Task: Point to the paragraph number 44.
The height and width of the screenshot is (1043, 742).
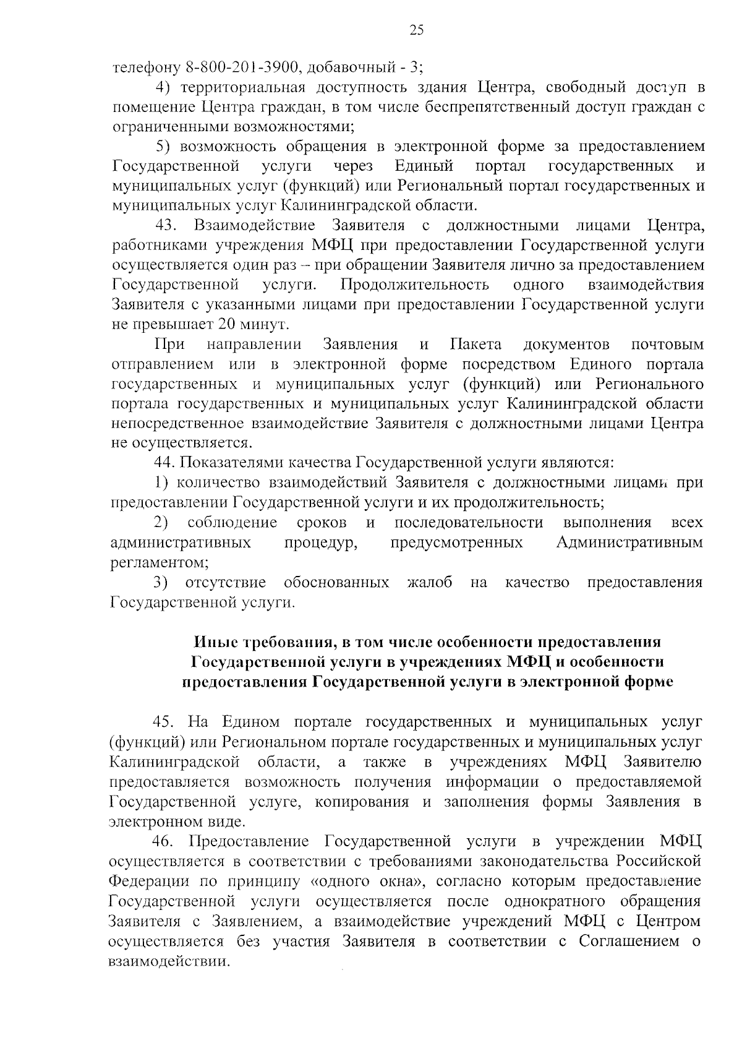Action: [165, 463]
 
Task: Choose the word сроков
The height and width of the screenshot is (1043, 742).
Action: [322, 523]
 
